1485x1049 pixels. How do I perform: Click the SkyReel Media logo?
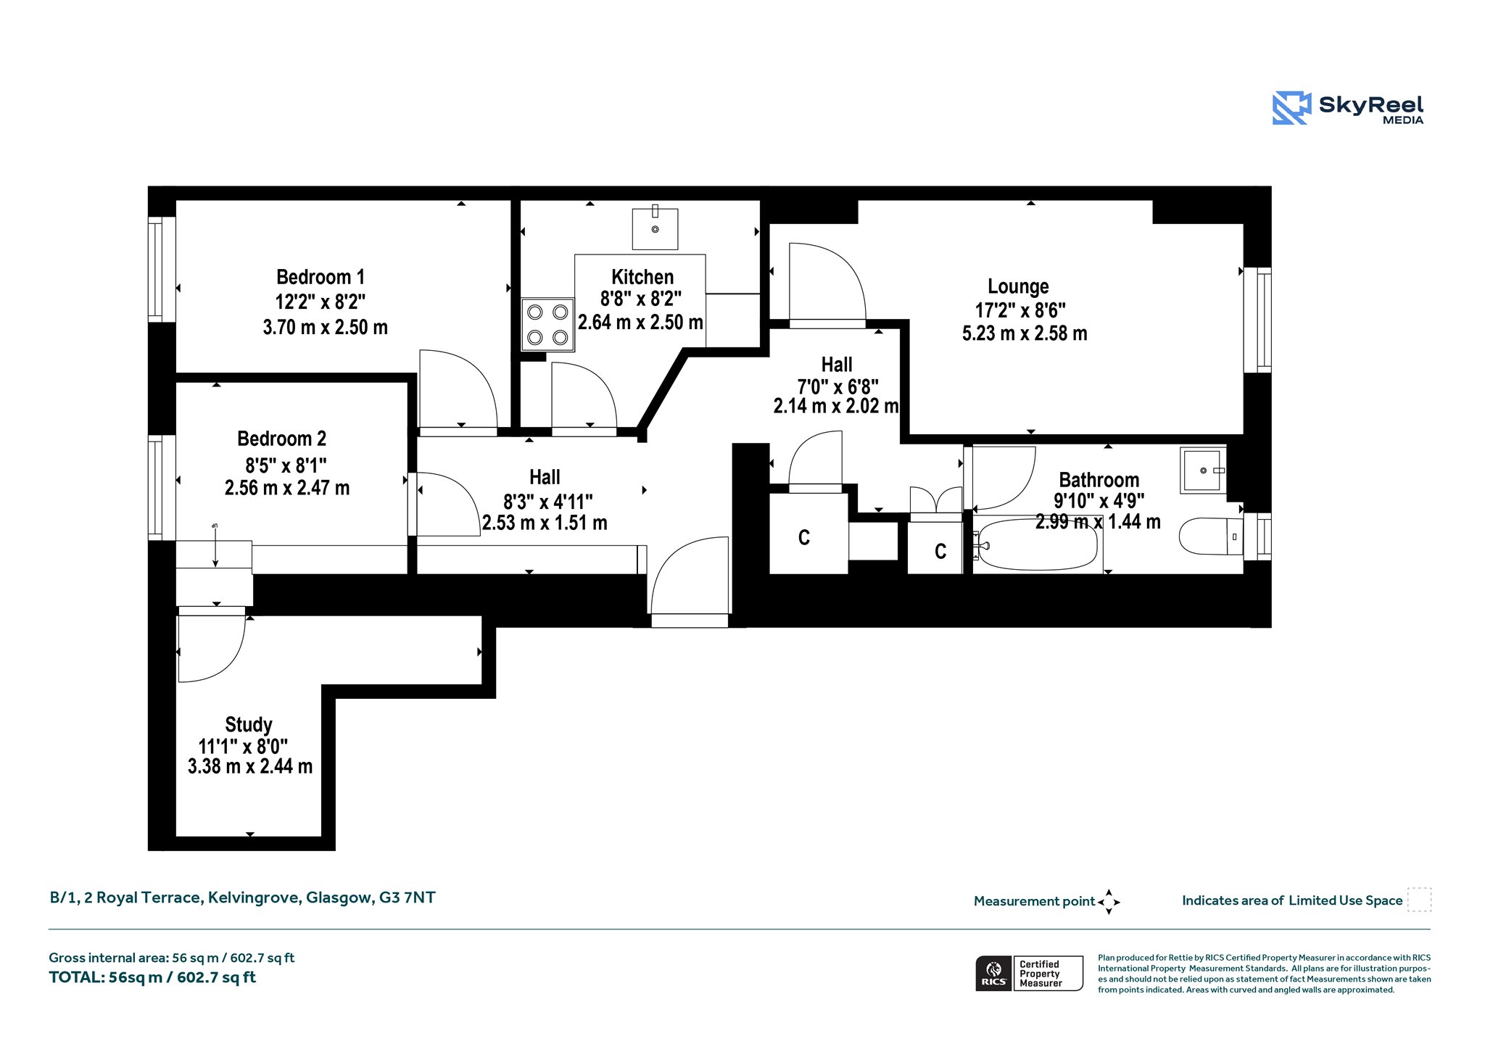click(x=1348, y=108)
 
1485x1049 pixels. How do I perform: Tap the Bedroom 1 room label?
click(x=320, y=277)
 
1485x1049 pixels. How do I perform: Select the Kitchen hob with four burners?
click(x=547, y=325)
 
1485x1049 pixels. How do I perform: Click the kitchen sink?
click(x=655, y=228)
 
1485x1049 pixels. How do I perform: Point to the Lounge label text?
click(x=1018, y=287)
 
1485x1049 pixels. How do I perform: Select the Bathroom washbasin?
click(x=1203, y=470)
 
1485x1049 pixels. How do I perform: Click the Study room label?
click(x=249, y=725)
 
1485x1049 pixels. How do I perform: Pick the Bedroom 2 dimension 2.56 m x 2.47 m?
click(x=287, y=488)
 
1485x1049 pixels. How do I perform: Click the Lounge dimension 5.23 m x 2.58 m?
click(x=1025, y=333)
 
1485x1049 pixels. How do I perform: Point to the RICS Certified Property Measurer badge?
click(x=1029, y=973)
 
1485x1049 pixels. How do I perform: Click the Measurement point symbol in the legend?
click(x=1109, y=902)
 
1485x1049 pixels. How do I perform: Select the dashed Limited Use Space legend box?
click(x=1419, y=900)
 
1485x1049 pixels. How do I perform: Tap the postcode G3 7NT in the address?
click(x=408, y=897)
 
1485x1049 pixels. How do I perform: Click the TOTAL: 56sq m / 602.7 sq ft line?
click(x=152, y=977)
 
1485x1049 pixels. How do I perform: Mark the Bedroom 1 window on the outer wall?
click(x=155, y=269)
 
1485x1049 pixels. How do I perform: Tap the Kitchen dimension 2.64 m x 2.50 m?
click(x=640, y=323)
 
